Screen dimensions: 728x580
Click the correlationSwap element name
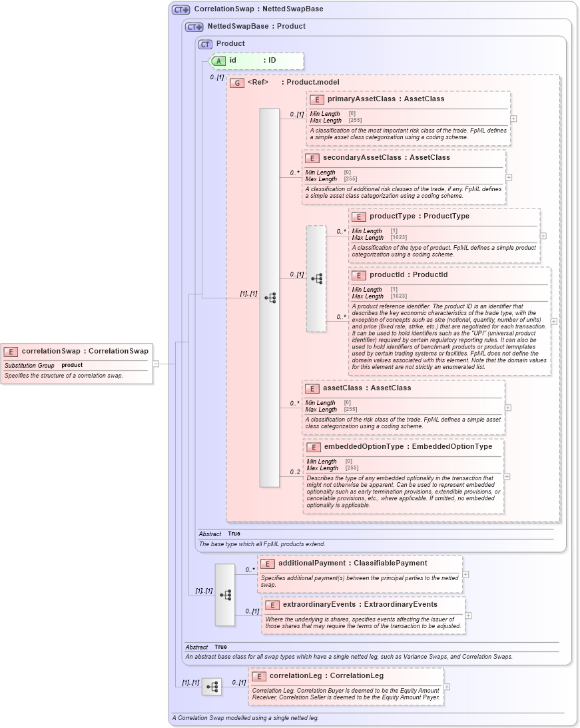51,351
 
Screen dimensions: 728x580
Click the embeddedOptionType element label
364,446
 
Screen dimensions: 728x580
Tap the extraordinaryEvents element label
322,604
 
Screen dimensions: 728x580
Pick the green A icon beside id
218,61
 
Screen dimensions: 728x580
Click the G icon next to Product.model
237,83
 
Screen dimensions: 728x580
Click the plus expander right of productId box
553,321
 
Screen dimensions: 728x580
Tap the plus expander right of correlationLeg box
446,686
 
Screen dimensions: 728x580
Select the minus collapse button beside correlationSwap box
156,364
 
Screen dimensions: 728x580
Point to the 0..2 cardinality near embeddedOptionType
295,472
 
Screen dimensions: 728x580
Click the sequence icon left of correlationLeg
212,687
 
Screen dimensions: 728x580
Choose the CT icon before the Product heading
206,44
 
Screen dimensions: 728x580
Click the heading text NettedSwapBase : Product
256,27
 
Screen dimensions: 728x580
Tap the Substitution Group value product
72,365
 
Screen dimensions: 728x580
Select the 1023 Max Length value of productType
399,238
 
